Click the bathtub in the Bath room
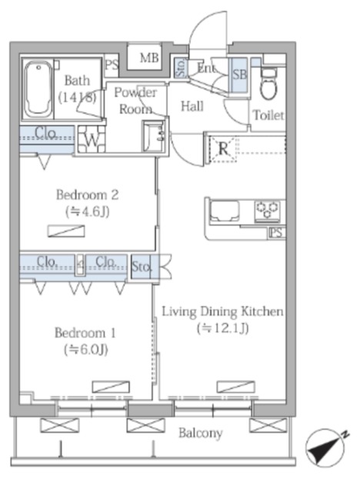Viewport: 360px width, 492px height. [x=38, y=89]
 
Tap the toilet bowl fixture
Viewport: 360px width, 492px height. [x=268, y=84]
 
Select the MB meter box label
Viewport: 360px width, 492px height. [x=149, y=58]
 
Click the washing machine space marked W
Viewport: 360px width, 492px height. [x=92, y=139]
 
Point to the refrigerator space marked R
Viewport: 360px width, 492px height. [x=223, y=148]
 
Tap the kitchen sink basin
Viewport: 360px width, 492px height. [x=225, y=211]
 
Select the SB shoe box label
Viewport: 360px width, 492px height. [x=240, y=74]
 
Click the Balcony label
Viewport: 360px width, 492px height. [x=201, y=434]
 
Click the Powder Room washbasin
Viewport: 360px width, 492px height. [x=154, y=136]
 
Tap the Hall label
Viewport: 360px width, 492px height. [x=192, y=106]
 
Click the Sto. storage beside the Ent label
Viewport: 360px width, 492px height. [x=181, y=68]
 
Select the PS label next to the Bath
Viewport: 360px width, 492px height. [x=112, y=65]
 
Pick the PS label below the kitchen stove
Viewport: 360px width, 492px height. [x=277, y=233]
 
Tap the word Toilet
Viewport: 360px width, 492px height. [x=268, y=115]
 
